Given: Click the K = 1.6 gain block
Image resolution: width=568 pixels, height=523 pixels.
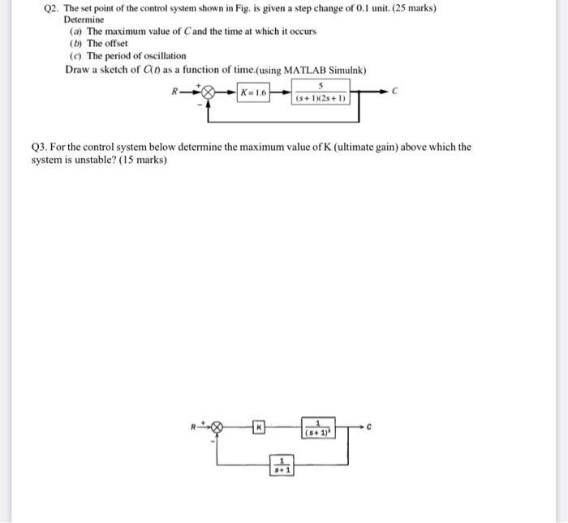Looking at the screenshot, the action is (253, 93).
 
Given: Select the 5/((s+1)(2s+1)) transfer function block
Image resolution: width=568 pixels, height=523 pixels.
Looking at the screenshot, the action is (321, 92).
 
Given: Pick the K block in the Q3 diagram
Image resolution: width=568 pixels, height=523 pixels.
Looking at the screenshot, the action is (259, 427).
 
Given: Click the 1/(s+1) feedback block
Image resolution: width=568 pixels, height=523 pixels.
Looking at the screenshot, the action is (281, 465).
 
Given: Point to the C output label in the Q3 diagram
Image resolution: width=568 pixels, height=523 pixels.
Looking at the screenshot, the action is (368, 426).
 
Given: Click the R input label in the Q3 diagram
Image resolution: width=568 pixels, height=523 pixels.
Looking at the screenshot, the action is (194, 424).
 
